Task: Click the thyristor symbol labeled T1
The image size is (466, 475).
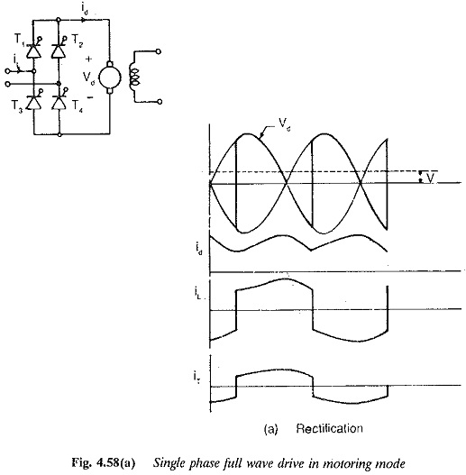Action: coord(33,50)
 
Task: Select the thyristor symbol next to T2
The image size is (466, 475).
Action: coord(59,50)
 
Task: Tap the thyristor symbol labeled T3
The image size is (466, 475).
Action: coord(33,102)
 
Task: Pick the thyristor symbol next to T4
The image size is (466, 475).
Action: coord(59,101)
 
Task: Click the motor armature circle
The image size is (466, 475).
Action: coord(110,78)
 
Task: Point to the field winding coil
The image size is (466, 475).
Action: coord(134,78)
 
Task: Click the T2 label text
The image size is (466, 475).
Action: coord(77,40)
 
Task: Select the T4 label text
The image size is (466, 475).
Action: coord(77,106)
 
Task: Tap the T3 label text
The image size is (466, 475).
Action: coord(17,106)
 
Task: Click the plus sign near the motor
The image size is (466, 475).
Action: coord(88,59)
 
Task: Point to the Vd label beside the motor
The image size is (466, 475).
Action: coord(88,78)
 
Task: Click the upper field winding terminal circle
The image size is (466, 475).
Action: coord(158,51)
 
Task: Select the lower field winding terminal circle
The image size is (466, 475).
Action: coord(160,102)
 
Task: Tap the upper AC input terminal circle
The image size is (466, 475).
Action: coord(7,71)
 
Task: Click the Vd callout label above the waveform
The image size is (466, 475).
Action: coord(285,123)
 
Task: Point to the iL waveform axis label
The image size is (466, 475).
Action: coord(197,293)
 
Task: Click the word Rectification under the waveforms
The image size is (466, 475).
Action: coord(329,428)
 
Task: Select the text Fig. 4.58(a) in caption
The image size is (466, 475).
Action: coord(103,463)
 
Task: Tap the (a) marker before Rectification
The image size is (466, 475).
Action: coord(271,429)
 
